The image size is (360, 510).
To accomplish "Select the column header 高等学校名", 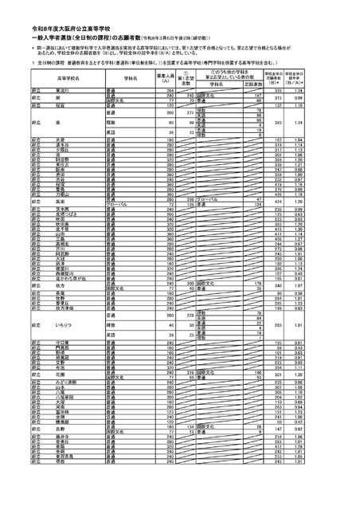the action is pos(60,80).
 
